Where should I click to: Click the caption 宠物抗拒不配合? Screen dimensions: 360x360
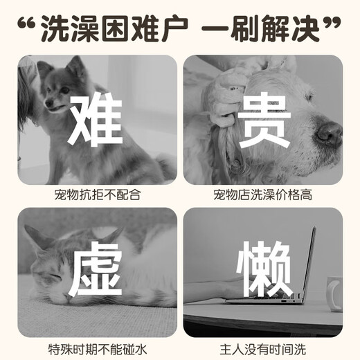97,195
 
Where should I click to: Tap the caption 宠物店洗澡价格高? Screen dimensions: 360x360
262,195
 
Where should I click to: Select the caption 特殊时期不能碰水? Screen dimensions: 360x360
97,348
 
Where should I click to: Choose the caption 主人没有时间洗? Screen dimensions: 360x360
262,348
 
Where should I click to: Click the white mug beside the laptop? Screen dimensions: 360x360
335,292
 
